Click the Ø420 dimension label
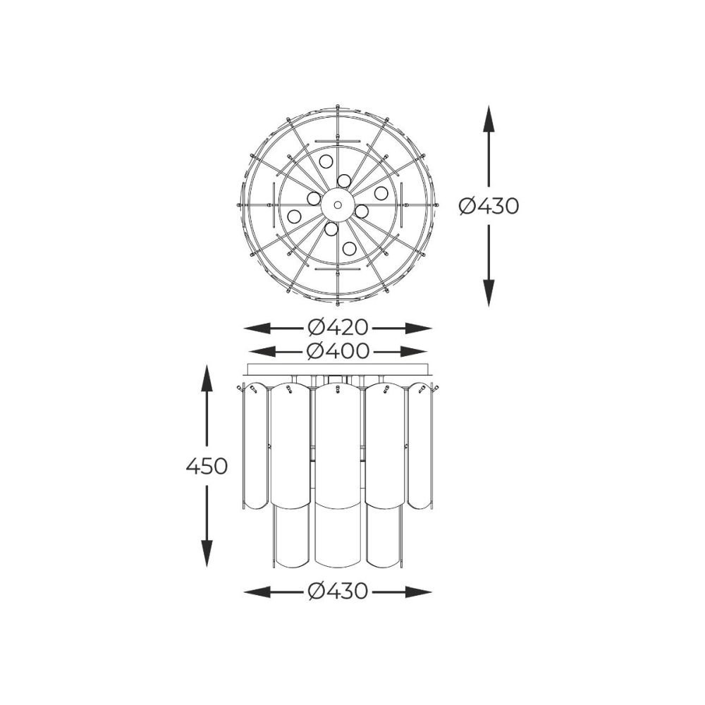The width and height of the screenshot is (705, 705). point(338,328)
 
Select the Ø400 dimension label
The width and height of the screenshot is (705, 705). point(338,350)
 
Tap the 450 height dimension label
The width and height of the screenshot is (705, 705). point(207,466)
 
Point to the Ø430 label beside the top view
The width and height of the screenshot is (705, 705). point(489,206)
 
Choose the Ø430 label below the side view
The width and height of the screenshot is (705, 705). point(338,591)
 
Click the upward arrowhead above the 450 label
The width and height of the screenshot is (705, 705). point(207,378)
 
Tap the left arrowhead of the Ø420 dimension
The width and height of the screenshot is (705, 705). point(257,329)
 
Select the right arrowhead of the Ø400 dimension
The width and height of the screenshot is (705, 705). point(413,351)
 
